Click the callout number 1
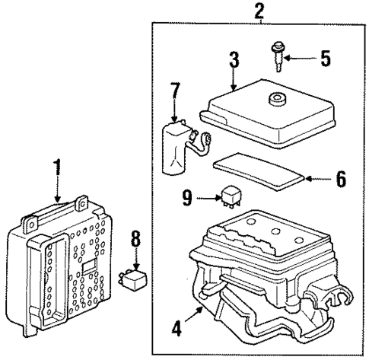(x=55, y=167)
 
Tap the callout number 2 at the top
(x=260, y=11)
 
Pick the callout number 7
(x=175, y=91)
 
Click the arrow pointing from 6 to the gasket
(x=318, y=180)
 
